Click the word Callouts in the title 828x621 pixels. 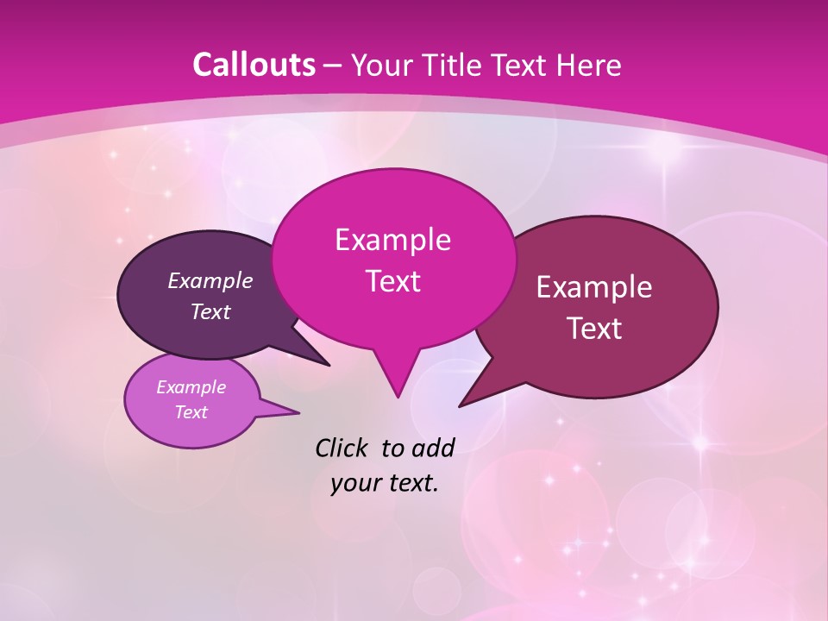point(254,65)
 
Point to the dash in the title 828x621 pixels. point(334,66)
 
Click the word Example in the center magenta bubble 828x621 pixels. point(392,239)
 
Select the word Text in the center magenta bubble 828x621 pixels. point(392,281)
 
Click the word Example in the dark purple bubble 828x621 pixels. point(210,280)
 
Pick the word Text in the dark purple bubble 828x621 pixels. point(210,311)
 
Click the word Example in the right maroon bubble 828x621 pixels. point(594,286)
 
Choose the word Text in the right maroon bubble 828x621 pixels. point(594,328)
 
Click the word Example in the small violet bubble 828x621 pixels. point(191,387)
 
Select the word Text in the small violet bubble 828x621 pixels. point(191,412)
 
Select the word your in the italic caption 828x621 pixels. point(355,483)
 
